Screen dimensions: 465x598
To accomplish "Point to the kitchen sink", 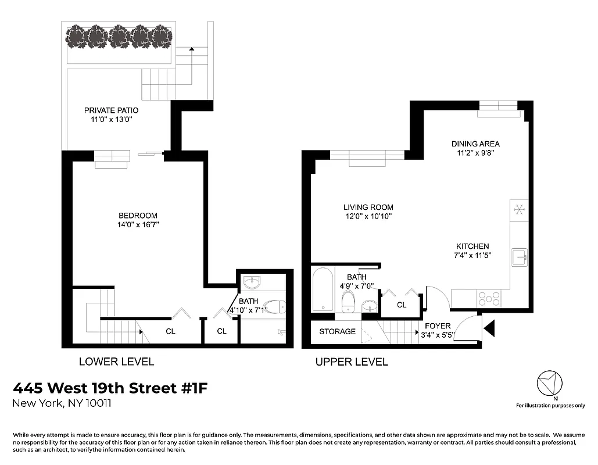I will pos(518,256).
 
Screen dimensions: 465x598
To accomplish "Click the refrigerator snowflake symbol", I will pos(519,209).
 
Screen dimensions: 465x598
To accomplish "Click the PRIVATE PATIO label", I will pos(111,110).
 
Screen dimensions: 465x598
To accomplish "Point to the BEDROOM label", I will pos(138,216).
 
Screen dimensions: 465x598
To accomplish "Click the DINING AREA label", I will pos(475,144).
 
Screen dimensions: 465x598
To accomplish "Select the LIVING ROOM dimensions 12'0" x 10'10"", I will pos(368,216).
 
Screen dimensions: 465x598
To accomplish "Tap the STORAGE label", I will pos(337,331).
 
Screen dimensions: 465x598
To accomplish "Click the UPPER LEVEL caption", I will pos(351,362).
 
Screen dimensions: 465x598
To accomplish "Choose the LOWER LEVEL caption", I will pos(116,362).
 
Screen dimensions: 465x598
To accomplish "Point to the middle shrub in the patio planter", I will pos(119,38).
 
